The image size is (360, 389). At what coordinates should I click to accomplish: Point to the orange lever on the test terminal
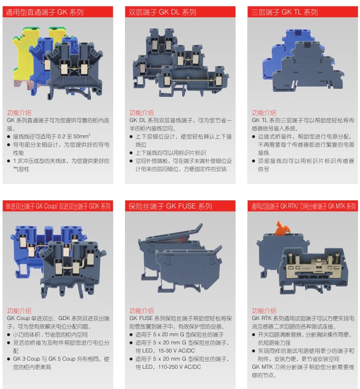(x=282, y=228)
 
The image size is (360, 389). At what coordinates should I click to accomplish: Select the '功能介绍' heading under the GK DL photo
(x=141, y=113)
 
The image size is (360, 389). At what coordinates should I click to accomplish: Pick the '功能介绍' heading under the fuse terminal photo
(x=141, y=310)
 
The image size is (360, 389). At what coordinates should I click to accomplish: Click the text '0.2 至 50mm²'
(x=74, y=136)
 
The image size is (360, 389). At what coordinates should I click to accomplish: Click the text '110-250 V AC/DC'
(x=179, y=367)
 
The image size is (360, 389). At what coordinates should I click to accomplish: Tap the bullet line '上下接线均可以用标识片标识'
(x=171, y=153)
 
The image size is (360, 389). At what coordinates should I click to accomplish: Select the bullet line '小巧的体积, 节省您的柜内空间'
(x=50, y=335)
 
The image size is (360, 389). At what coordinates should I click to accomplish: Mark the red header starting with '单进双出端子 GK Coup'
(x=58, y=206)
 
